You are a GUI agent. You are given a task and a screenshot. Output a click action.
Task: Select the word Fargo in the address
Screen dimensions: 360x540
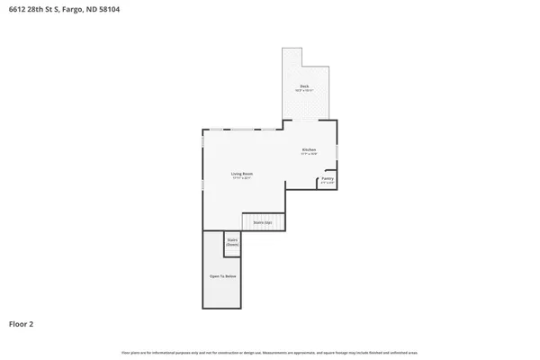77,9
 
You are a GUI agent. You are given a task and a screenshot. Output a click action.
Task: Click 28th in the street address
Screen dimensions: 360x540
40,9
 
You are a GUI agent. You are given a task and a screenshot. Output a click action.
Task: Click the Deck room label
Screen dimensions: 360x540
304,85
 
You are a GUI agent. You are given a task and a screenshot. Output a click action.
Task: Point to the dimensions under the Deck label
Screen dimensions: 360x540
304,90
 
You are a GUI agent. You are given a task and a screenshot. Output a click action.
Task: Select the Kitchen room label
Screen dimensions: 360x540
309,148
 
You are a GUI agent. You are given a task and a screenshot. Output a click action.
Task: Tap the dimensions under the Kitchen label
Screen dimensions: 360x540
309,154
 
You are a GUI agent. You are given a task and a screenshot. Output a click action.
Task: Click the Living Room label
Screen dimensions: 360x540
241,173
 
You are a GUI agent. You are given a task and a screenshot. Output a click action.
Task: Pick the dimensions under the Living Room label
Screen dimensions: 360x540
241,178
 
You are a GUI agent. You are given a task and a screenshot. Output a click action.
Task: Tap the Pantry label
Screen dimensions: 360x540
328,178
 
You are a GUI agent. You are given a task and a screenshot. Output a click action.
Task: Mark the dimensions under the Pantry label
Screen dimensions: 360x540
328,183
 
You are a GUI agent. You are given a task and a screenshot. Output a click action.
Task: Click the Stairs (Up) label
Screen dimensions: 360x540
263,221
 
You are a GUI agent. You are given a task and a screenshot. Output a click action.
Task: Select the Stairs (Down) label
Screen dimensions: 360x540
232,242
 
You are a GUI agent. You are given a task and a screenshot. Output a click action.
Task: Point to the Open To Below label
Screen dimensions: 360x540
222,276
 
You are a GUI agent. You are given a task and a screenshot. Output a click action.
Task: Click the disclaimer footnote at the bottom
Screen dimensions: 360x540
270,352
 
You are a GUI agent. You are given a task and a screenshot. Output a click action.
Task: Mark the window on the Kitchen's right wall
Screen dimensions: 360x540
337,152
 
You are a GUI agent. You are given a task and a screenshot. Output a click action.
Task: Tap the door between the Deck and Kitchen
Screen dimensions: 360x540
309,120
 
